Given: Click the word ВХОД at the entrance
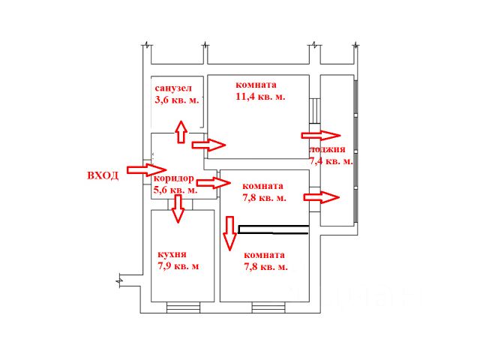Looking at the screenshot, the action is tap(103, 175).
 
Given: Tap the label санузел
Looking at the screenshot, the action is tap(173, 88).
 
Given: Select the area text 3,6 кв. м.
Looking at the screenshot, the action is tap(177, 100).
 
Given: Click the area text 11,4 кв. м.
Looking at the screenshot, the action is tap(260, 96).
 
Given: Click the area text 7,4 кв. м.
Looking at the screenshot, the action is tap(331, 161).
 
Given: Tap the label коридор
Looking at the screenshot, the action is tap(174, 179).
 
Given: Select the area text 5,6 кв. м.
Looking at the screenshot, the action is tap(176, 190).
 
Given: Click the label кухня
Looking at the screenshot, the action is tap(172, 254).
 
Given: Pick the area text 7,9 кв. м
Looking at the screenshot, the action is tap(178, 265).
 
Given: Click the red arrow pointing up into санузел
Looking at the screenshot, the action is tap(181, 131).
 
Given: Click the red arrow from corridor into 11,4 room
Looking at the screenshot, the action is tap(209, 144).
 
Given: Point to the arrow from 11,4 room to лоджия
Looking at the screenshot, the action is tap(320, 136).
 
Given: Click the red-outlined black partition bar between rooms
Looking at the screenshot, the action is tap(273, 229).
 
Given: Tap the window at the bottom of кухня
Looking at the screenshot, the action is tap(184, 305).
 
